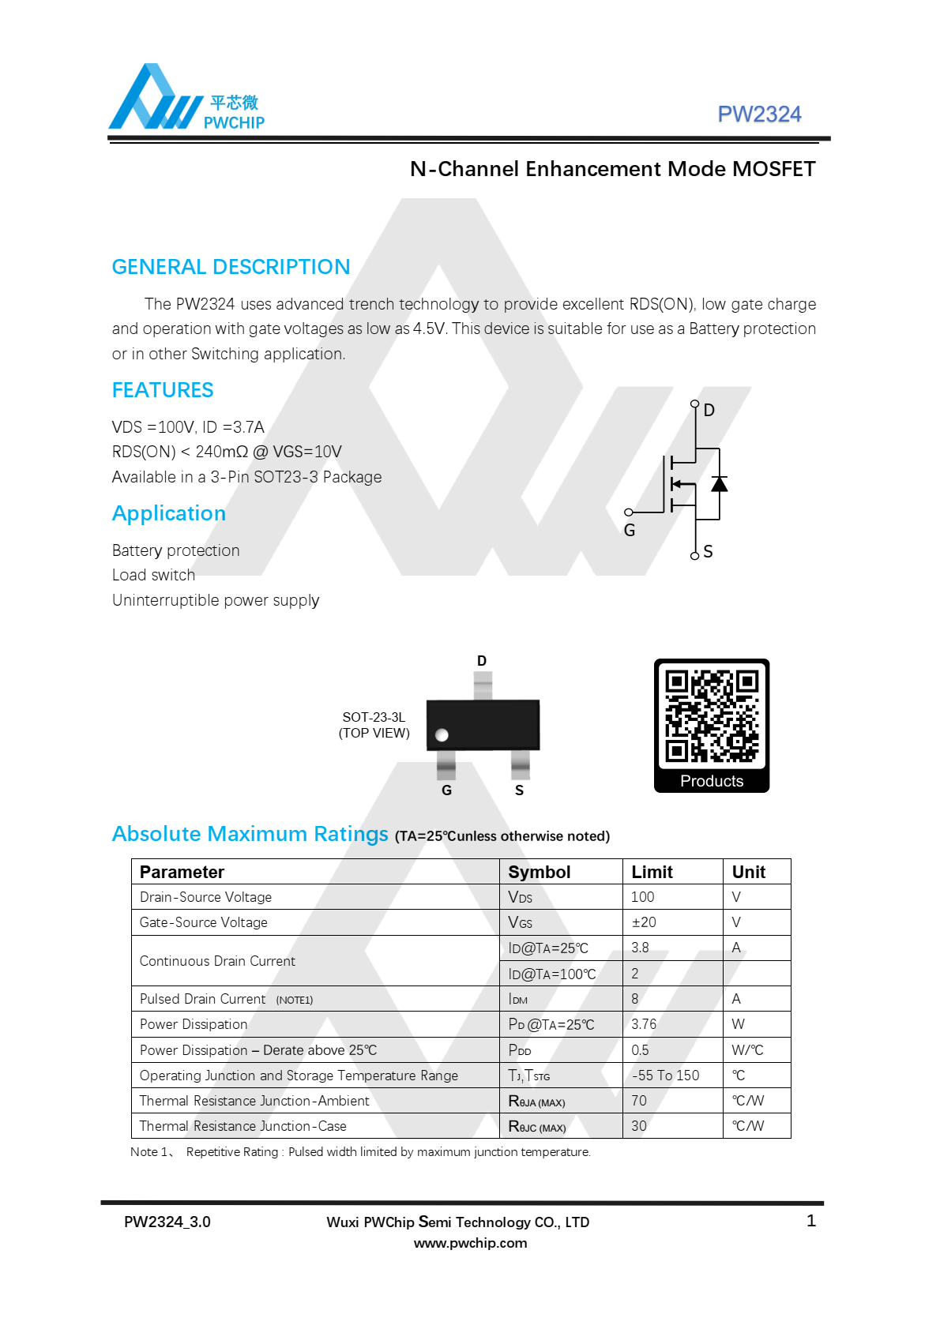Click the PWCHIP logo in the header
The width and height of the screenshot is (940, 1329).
[x=186, y=99]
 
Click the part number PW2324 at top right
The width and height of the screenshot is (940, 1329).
[x=758, y=115]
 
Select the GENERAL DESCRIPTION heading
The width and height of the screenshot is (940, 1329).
[x=231, y=267]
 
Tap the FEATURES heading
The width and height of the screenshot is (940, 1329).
[x=163, y=390]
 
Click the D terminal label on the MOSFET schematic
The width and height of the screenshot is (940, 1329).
[x=709, y=411]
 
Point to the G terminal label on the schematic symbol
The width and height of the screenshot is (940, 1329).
[x=630, y=531]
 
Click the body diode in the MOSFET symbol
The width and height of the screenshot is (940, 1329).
[x=719, y=483]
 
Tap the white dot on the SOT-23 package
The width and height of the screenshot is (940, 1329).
[x=442, y=735]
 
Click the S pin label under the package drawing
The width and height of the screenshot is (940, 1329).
[x=519, y=790]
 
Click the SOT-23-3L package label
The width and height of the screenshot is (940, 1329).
[x=374, y=717]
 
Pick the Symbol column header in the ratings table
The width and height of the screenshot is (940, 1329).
[x=539, y=872]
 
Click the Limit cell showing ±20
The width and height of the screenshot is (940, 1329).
[x=644, y=922]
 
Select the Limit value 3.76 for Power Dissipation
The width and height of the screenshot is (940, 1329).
[x=644, y=1024]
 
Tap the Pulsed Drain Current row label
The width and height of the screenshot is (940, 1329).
[x=203, y=999]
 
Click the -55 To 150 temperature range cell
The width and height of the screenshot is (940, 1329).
[x=665, y=1076]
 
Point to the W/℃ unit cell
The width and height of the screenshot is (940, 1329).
[x=747, y=1050]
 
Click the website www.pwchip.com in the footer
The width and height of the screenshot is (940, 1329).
[x=470, y=1243]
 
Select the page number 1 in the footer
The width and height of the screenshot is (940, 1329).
[x=810, y=1221]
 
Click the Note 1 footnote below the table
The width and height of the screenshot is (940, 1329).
[x=360, y=1152]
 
